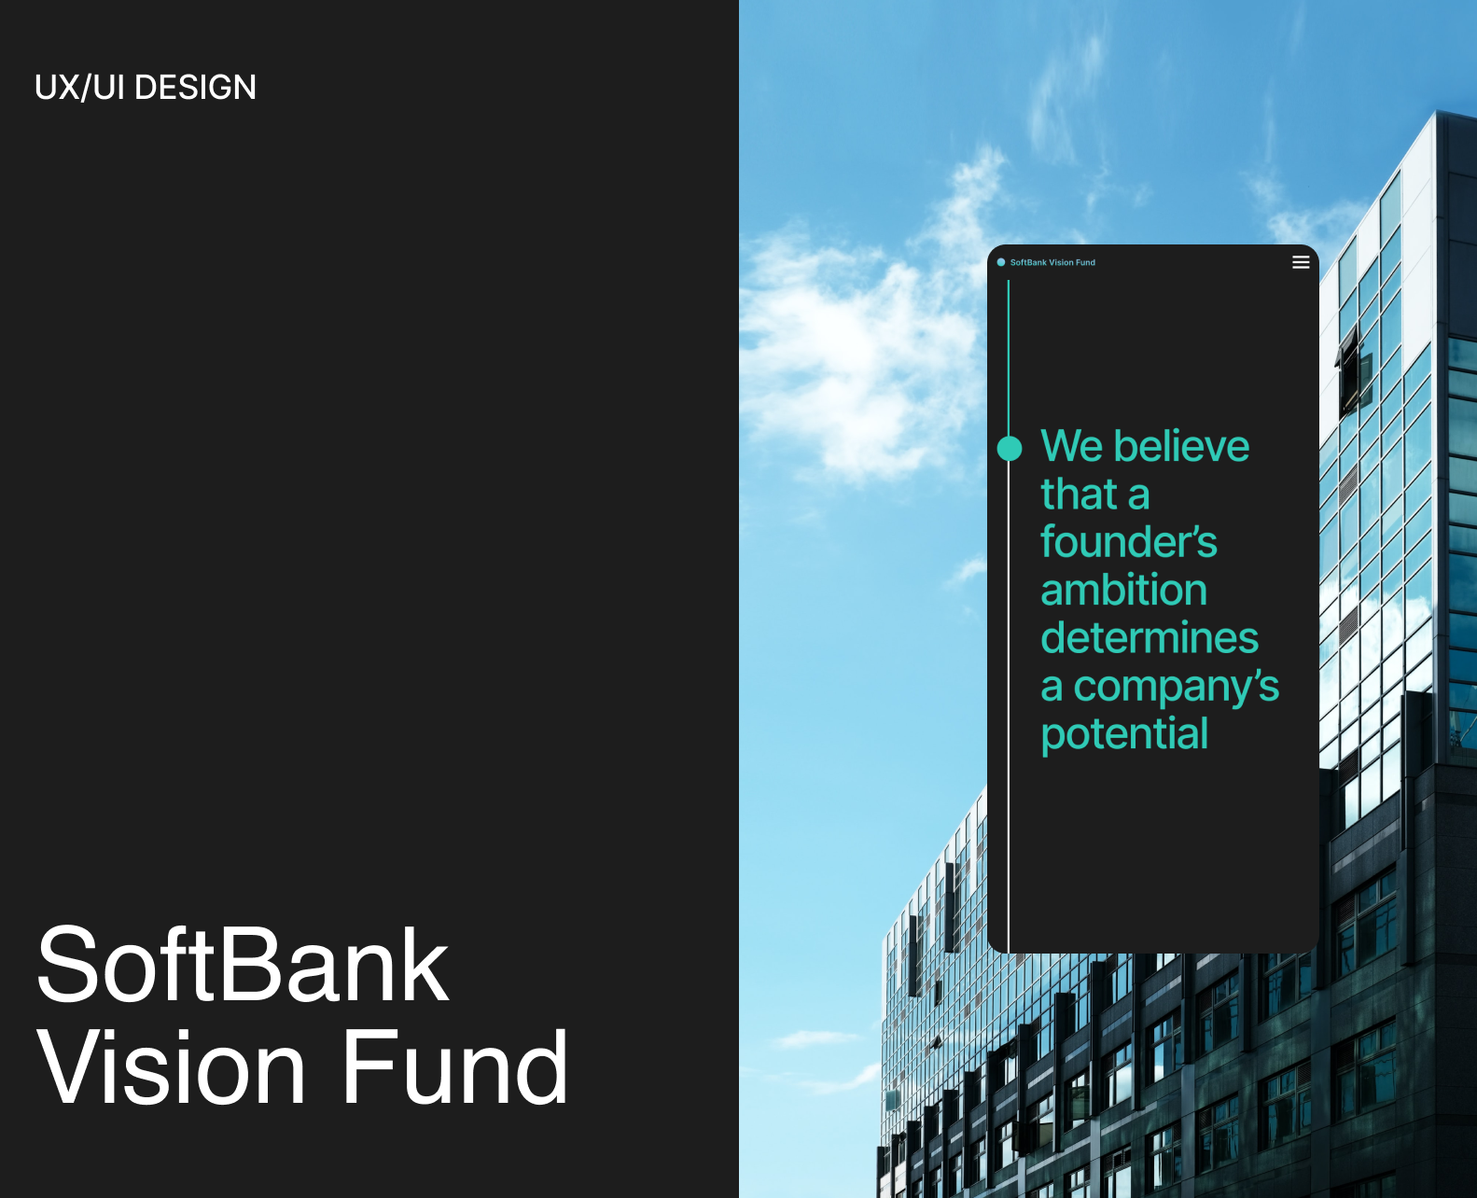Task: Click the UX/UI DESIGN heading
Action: tap(146, 88)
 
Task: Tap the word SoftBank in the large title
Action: tap(243, 966)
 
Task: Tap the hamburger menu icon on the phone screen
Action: tap(1301, 262)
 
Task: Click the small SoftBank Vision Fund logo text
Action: tap(1052, 263)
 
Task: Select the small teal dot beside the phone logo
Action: tap(1001, 262)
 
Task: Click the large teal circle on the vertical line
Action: tap(1010, 449)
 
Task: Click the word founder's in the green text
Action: tap(1129, 542)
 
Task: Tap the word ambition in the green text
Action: tap(1124, 591)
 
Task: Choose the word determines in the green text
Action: tap(1150, 638)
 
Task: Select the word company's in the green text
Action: tap(1177, 688)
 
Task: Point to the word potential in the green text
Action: tap(1124, 734)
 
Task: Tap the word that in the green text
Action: tap(1079, 495)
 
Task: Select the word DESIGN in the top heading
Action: tap(196, 88)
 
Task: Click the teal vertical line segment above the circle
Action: tap(1009, 355)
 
